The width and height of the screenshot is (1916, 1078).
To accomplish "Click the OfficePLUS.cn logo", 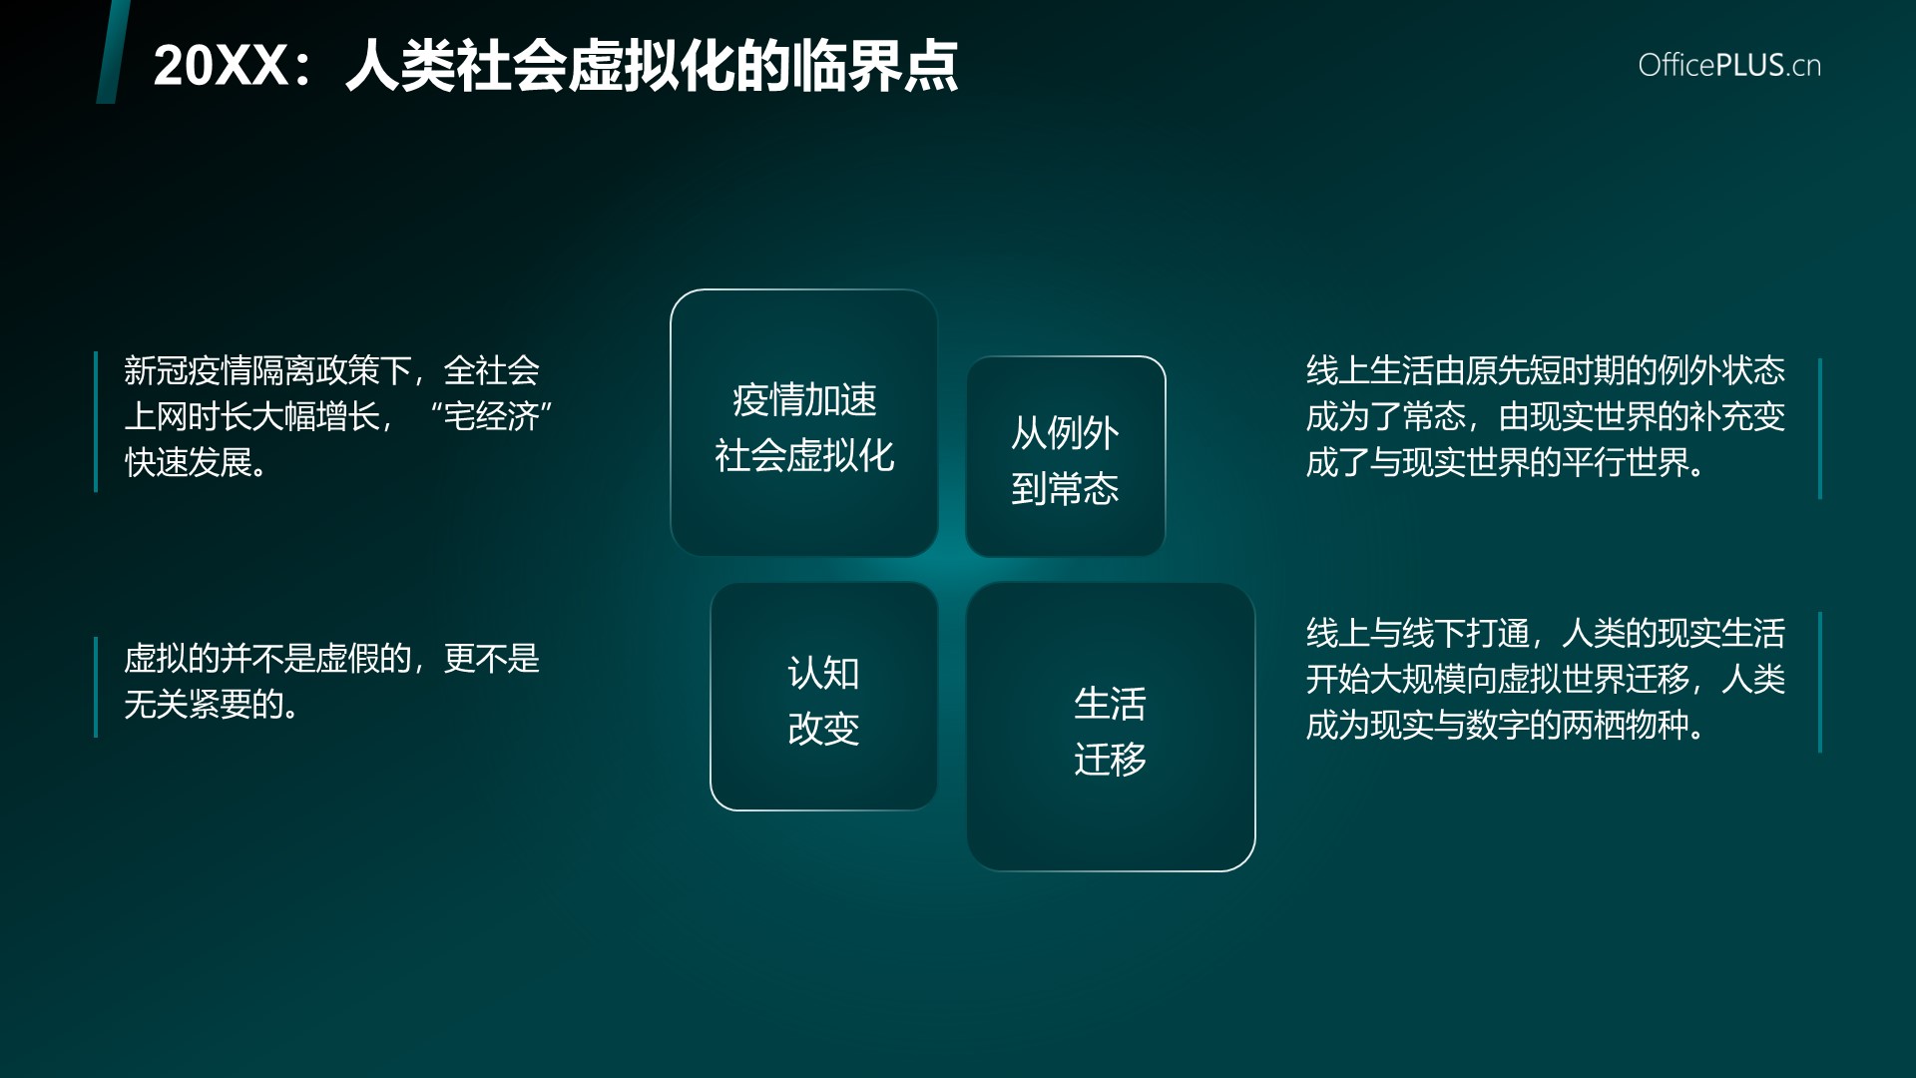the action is [x=1729, y=65].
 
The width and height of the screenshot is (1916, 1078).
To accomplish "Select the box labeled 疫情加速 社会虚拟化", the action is [x=804, y=423].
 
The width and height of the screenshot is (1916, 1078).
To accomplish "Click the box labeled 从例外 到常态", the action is [x=1066, y=456].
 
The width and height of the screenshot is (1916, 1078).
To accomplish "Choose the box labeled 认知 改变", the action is [x=824, y=697].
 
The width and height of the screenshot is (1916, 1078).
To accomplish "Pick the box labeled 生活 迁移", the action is [x=1111, y=727].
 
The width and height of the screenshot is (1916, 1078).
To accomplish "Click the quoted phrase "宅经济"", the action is [x=491, y=416].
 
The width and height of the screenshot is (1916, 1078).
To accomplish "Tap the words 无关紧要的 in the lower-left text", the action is [x=205, y=705].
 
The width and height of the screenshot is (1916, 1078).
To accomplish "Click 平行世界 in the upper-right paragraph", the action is [x=1626, y=462].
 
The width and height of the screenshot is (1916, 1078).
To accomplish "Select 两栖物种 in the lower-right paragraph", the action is [x=1626, y=725].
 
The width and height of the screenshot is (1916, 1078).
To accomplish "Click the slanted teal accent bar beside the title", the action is [x=114, y=52].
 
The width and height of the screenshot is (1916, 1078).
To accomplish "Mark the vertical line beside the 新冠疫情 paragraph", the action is [x=96, y=421].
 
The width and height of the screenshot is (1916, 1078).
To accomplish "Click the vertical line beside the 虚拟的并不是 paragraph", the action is [x=96, y=687].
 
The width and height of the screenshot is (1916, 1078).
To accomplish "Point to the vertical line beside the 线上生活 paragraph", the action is [x=1820, y=428].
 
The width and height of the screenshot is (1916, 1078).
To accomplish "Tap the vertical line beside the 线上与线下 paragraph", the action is [x=1820, y=682].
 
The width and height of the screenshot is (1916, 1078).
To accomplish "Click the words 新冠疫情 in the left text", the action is [x=188, y=370].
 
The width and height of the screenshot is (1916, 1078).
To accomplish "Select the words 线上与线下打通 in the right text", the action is [x=1418, y=633].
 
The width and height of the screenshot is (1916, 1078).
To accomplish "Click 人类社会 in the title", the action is [x=456, y=66].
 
